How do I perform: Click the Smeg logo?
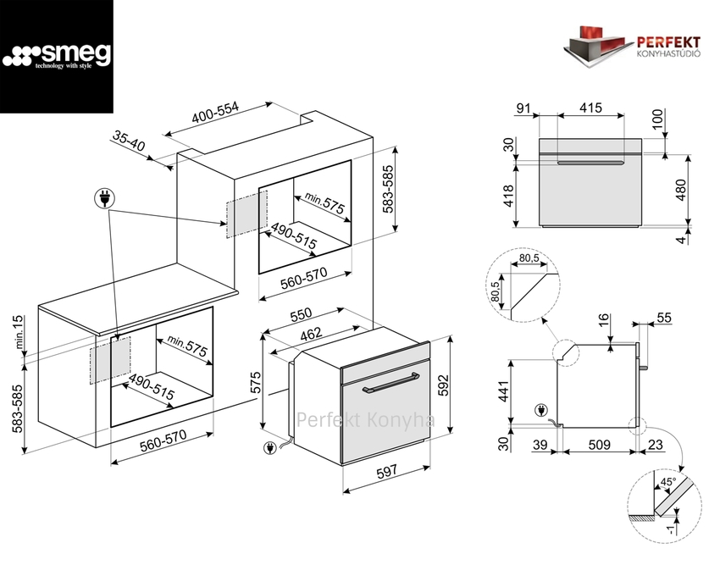point(57,57)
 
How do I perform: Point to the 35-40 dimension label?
point(129,141)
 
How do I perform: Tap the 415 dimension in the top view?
point(591,108)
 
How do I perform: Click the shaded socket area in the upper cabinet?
point(246,212)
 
